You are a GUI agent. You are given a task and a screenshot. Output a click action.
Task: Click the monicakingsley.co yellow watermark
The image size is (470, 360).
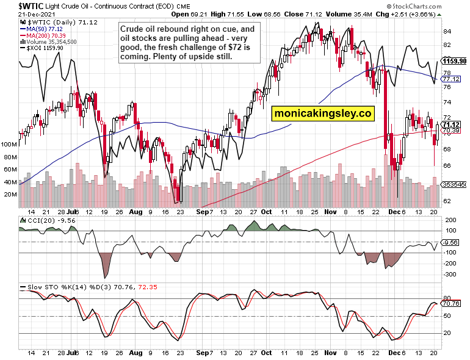tap(323, 113)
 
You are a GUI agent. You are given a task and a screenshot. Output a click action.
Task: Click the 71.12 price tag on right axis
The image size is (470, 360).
tap(451, 124)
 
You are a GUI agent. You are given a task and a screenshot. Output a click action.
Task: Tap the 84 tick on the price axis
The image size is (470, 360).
tap(447, 32)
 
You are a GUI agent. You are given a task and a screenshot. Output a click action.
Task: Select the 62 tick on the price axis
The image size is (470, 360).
tap(447, 200)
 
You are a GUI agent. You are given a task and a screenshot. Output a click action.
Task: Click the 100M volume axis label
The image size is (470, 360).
tap(10, 145)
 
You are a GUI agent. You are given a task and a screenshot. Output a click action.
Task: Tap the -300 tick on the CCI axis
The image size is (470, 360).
tap(450, 275)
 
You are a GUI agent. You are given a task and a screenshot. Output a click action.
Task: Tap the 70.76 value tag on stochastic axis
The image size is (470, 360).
tap(451, 303)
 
